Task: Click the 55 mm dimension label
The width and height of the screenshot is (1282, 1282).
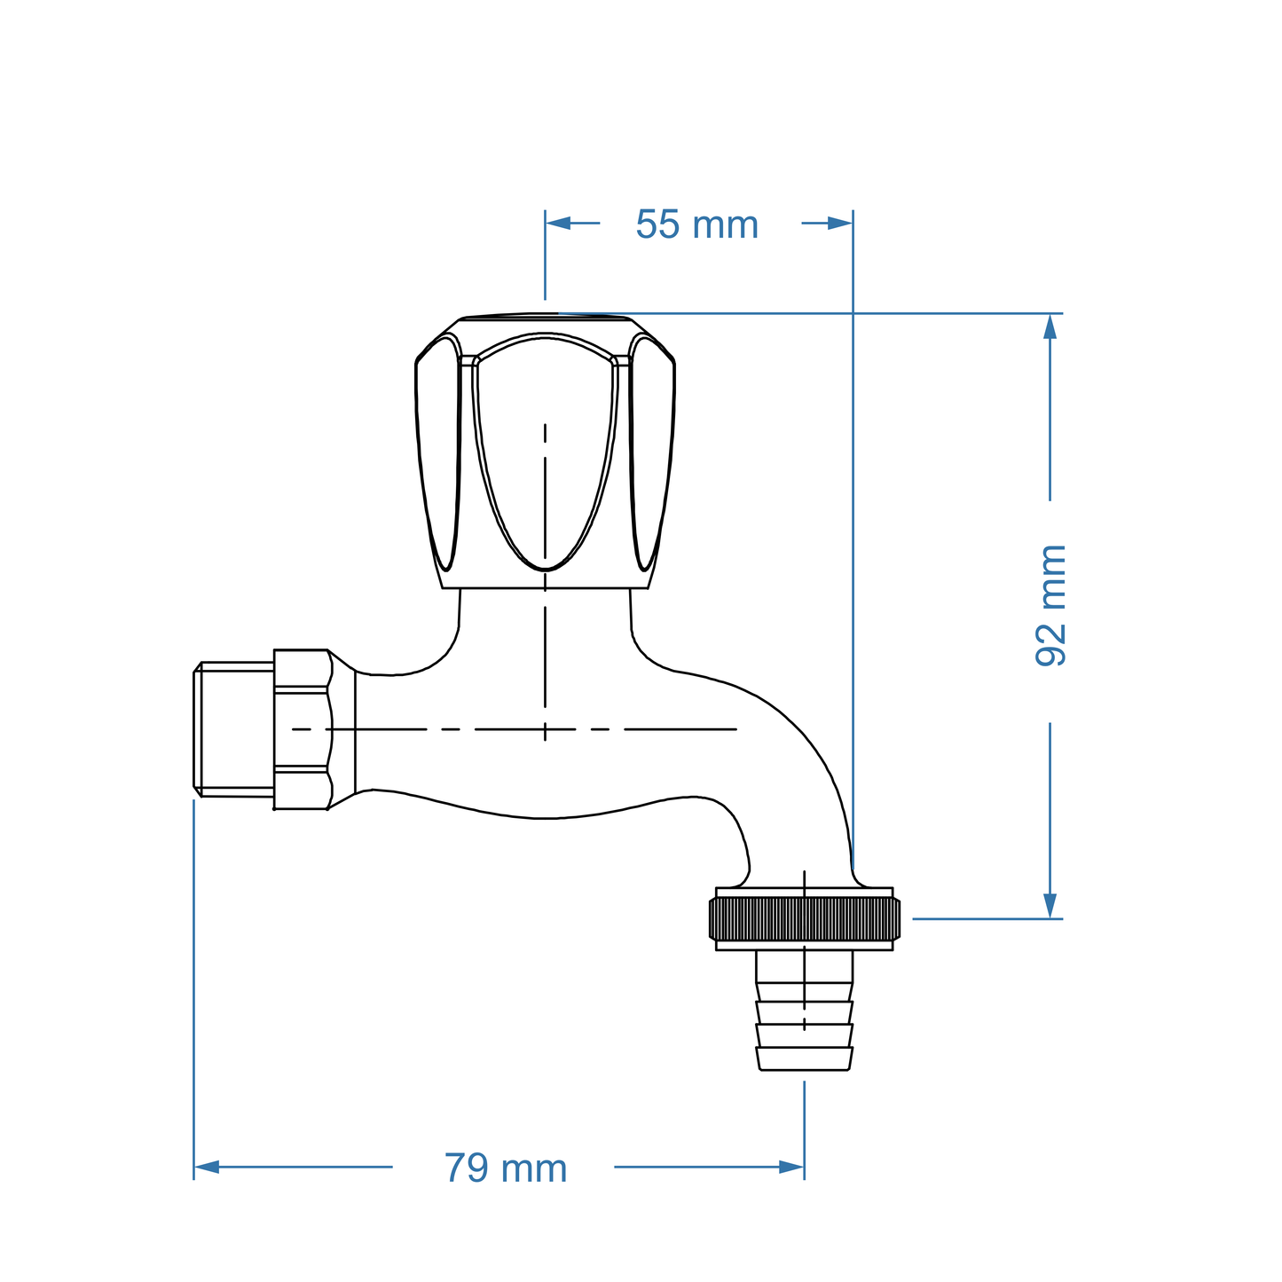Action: pyautogui.click(x=696, y=225)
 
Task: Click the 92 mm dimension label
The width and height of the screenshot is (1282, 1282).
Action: pyautogui.click(x=1051, y=606)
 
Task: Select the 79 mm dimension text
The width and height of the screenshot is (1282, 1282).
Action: pyautogui.click(x=505, y=1168)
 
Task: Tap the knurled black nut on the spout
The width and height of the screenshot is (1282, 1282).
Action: pyautogui.click(x=804, y=918)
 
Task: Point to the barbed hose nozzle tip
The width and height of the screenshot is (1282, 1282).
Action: pyautogui.click(x=804, y=1059)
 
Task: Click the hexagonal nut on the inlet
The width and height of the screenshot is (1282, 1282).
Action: pyautogui.click(x=302, y=729)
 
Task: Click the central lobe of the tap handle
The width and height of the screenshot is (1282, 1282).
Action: pyautogui.click(x=545, y=452)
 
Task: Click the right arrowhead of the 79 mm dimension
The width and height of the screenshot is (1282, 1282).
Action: pyautogui.click(x=792, y=1167)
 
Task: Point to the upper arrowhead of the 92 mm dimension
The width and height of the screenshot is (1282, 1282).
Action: pyautogui.click(x=1050, y=326)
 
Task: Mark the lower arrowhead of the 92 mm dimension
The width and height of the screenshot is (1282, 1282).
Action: pyautogui.click(x=1050, y=906)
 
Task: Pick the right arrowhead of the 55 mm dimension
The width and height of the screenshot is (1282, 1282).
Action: pyautogui.click(x=840, y=223)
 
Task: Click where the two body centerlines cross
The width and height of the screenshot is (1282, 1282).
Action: pyautogui.click(x=545, y=729)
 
